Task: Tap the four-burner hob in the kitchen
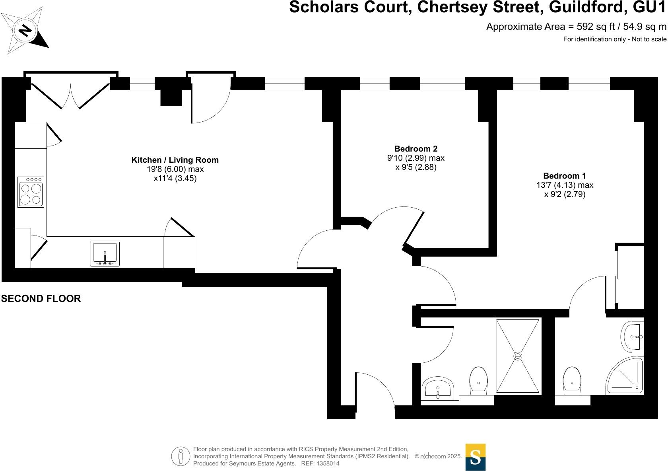click(31, 192)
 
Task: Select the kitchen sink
click(105, 253)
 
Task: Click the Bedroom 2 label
click(416, 149)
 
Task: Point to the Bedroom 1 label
click(564, 176)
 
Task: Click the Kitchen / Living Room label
click(175, 160)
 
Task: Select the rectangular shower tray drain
click(518, 356)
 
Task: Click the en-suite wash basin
click(633, 337)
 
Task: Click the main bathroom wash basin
click(437, 388)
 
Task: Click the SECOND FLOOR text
click(41, 299)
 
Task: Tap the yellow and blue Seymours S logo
click(475, 457)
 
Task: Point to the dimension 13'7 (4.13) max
click(565, 185)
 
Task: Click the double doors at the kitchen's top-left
click(71, 95)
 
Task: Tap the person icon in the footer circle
click(181, 456)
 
